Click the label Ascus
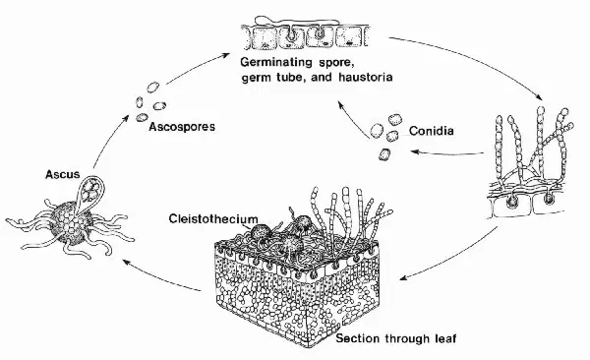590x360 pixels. [63, 174]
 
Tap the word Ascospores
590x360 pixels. [182, 127]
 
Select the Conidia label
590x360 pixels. [432, 131]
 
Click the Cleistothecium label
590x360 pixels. [213, 218]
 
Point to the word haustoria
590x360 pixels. [366, 77]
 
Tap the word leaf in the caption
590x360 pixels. [445, 338]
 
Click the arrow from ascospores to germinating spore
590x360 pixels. [197, 68]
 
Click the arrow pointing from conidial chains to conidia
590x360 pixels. [447, 152]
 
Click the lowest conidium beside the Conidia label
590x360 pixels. [384, 154]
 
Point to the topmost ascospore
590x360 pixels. [152, 88]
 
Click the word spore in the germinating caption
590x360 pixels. [336, 63]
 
